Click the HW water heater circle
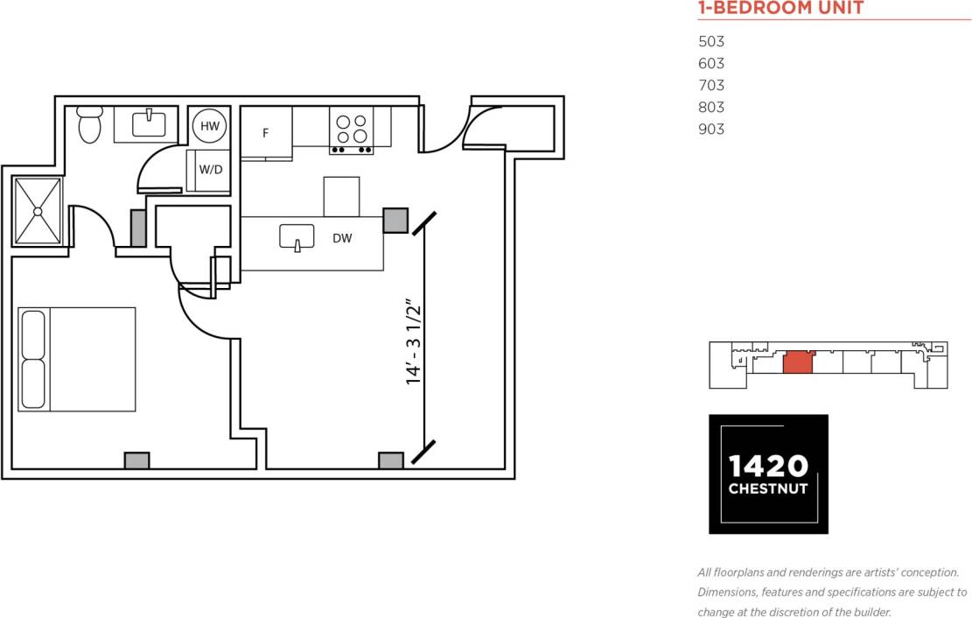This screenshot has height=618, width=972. [210, 126]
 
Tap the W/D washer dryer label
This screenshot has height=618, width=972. [210, 170]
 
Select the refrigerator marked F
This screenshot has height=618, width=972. [265, 134]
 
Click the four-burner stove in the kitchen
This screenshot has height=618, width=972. [351, 130]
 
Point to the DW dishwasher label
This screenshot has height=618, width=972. [342, 238]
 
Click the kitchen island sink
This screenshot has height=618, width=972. [297, 237]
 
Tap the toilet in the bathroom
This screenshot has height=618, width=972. [90, 125]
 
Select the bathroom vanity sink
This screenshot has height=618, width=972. [149, 123]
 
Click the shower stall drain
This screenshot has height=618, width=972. [38, 211]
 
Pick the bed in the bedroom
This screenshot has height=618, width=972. [77, 359]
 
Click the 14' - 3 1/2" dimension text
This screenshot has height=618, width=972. [415, 342]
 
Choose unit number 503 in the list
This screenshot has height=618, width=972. [711, 42]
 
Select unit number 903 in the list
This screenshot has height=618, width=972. [711, 130]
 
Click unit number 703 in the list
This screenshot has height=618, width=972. [711, 86]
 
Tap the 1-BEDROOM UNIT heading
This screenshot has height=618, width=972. [780, 9]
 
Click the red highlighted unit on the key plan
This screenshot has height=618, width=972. [797, 362]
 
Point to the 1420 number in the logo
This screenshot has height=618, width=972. [767, 465]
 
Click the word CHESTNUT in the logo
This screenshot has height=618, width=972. [767, 488]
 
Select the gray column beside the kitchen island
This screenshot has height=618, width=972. [395, 220]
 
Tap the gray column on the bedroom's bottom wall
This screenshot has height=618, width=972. [136, 460]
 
